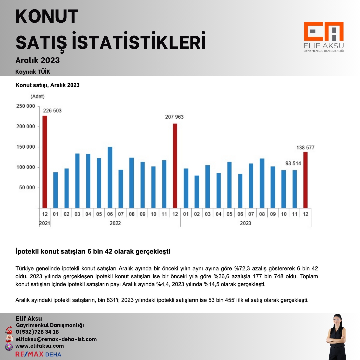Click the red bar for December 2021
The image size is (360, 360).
point(45,162)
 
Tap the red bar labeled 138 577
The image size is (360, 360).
point(305,180)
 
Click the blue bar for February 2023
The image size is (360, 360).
point(197,192)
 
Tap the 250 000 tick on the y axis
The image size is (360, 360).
point(26,106)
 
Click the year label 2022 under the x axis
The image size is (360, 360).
point(115,223)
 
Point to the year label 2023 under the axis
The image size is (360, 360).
point(246,223)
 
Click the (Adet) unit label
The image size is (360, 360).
point(37,97)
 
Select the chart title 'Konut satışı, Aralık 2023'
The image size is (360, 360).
point(47,85)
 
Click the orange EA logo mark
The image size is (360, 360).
point(323,32)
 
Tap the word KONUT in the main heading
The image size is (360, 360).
point(47,17)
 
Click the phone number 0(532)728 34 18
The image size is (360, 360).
point(37,332)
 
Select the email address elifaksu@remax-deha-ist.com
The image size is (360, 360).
point(56,339)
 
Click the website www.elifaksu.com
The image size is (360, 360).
point(40,346)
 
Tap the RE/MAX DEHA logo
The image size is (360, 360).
point(38,354)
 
